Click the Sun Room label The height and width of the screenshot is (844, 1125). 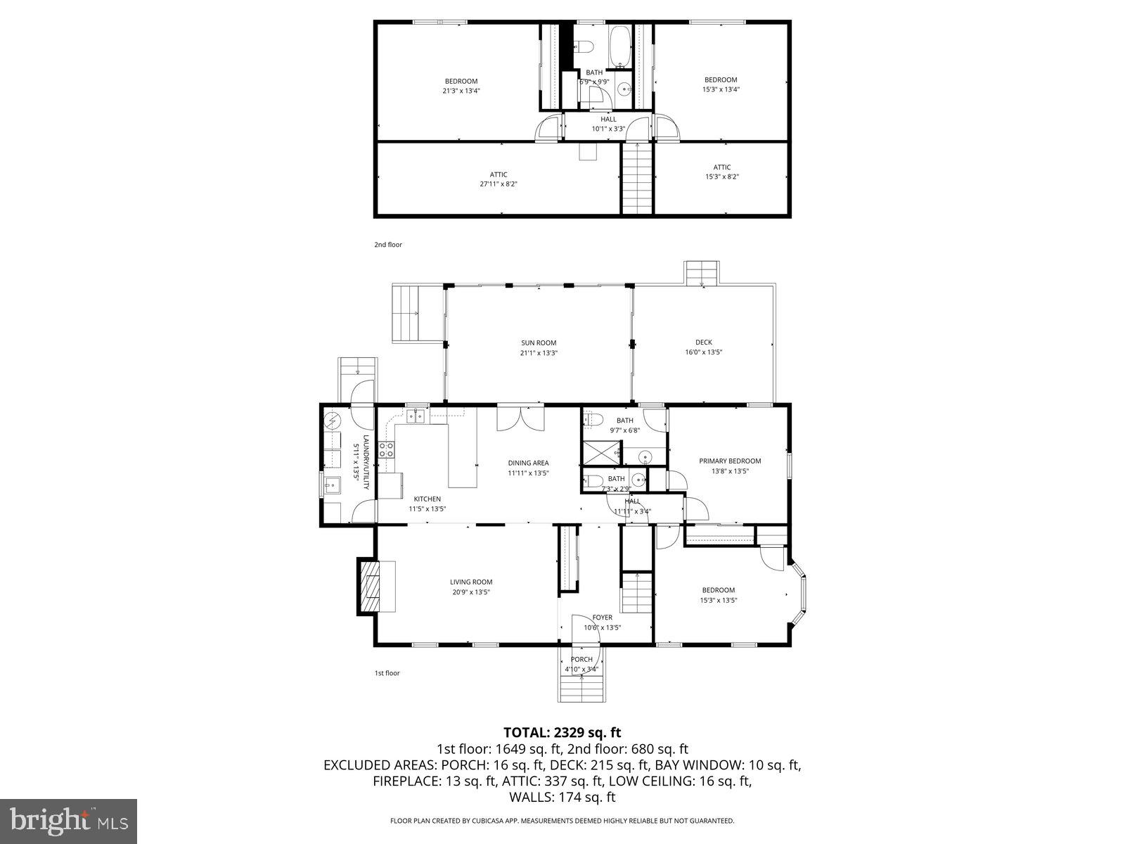click(x=539, y=343)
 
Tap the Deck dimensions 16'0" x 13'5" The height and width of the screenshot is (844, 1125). click(x=704, y=352)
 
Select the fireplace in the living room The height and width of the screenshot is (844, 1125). click(x=369, y=586)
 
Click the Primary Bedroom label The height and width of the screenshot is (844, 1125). click(x=730, y=461)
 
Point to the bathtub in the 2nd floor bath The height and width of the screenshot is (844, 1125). click(x=620, y=46)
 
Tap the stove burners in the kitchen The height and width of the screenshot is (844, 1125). click(x=386, y=449)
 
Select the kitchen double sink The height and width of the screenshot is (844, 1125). click(x=417, y=417)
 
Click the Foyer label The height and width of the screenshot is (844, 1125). click(x=602, y=618)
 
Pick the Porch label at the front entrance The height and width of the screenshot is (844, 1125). click(x=581, y=659)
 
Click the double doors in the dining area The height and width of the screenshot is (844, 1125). click(x=520, y=418)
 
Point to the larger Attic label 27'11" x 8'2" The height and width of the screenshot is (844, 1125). click(x=499, y=179)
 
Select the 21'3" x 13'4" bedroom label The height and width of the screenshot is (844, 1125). click(x=461, y=86)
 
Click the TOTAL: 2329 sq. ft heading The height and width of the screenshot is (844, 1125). click(x=562, y=733)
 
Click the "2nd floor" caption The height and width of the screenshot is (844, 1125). click(x=387, y=245)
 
